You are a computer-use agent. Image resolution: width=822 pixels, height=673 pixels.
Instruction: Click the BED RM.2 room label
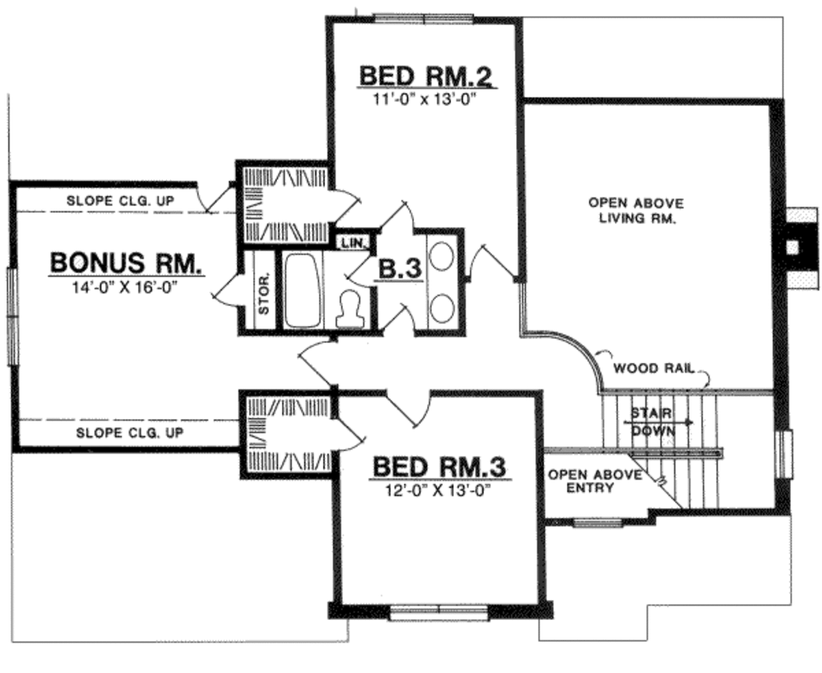[x=425, y=76]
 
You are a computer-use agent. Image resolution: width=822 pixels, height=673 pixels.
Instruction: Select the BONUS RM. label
[x=127, y=263]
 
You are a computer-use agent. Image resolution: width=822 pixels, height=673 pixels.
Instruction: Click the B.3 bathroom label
[x=400, y=270]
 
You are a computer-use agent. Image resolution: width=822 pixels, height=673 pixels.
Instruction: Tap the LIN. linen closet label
[x=354, y=242]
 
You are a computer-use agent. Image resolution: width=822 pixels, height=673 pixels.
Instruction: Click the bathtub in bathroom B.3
[x=302, y=290]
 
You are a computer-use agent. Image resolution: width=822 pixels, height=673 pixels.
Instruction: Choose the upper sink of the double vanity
[x=441, y=256]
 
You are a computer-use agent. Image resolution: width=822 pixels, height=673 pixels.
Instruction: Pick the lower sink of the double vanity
[x=441, y=306]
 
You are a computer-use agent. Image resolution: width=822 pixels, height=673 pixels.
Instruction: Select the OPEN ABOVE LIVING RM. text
[x=636, y=210]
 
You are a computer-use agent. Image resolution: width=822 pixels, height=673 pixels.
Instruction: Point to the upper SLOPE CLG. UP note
[x=120, y=200]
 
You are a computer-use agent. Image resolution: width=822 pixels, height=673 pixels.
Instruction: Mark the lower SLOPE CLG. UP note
[x=129, y=433]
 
